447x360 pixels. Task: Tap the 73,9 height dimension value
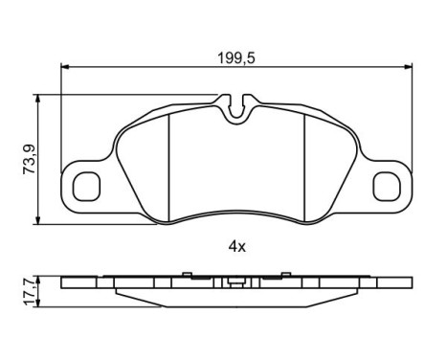click(30, 158)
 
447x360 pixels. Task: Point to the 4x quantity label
click(236, 246)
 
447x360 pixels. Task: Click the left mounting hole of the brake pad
click(88, 182)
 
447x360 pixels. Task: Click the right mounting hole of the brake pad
click(387, 182)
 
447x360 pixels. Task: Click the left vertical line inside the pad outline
click(168, 158)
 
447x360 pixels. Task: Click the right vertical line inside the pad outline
click(305, 158)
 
